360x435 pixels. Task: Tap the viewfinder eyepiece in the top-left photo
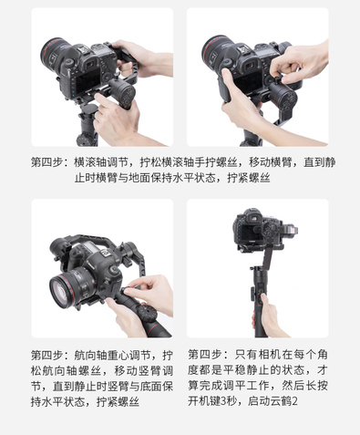(90, 64)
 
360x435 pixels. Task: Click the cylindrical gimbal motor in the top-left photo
(122, 91)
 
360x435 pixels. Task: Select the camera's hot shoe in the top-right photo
(242, 49)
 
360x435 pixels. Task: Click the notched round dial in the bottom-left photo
(146, 314)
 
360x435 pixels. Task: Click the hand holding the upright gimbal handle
(268, 316)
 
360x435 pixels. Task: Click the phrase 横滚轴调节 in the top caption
(101, 162)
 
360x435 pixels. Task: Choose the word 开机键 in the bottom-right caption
(204, 401)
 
